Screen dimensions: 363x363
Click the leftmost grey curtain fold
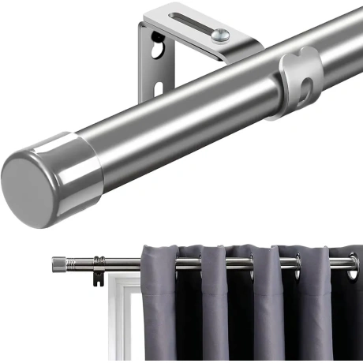pyautogui.click(x=158, y=308)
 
